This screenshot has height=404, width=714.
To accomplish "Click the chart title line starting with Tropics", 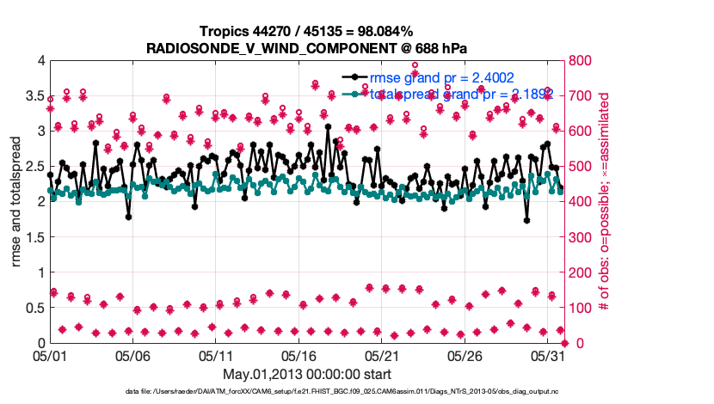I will [306, 32].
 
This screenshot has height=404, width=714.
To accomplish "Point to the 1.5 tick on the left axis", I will [34, 237].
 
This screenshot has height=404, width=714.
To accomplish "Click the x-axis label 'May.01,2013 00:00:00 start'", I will [307, 374].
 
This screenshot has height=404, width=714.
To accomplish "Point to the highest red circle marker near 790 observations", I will [415, 65].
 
